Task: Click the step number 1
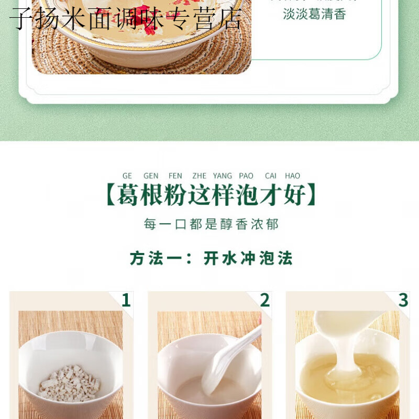(x=126, y=300)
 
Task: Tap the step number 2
(x=265, y=300)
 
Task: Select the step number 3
(x=403, y=300)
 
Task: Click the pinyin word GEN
(x=151, y=176)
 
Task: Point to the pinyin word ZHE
(x=200, y=176)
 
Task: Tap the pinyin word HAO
(x=293, y=176)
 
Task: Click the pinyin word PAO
(x=246, y=176)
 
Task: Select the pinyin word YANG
(x=223, y=176)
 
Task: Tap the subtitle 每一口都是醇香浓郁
(x=211, y=225)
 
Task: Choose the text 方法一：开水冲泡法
(x=211, y=258)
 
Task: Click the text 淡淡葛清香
(x=314, y=14)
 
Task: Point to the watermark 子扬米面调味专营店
(x=126, y=19)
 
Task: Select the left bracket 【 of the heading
(x=110, y=196)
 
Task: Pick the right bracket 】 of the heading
(x=312, y=196)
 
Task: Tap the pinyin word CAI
(x=271, y=176)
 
